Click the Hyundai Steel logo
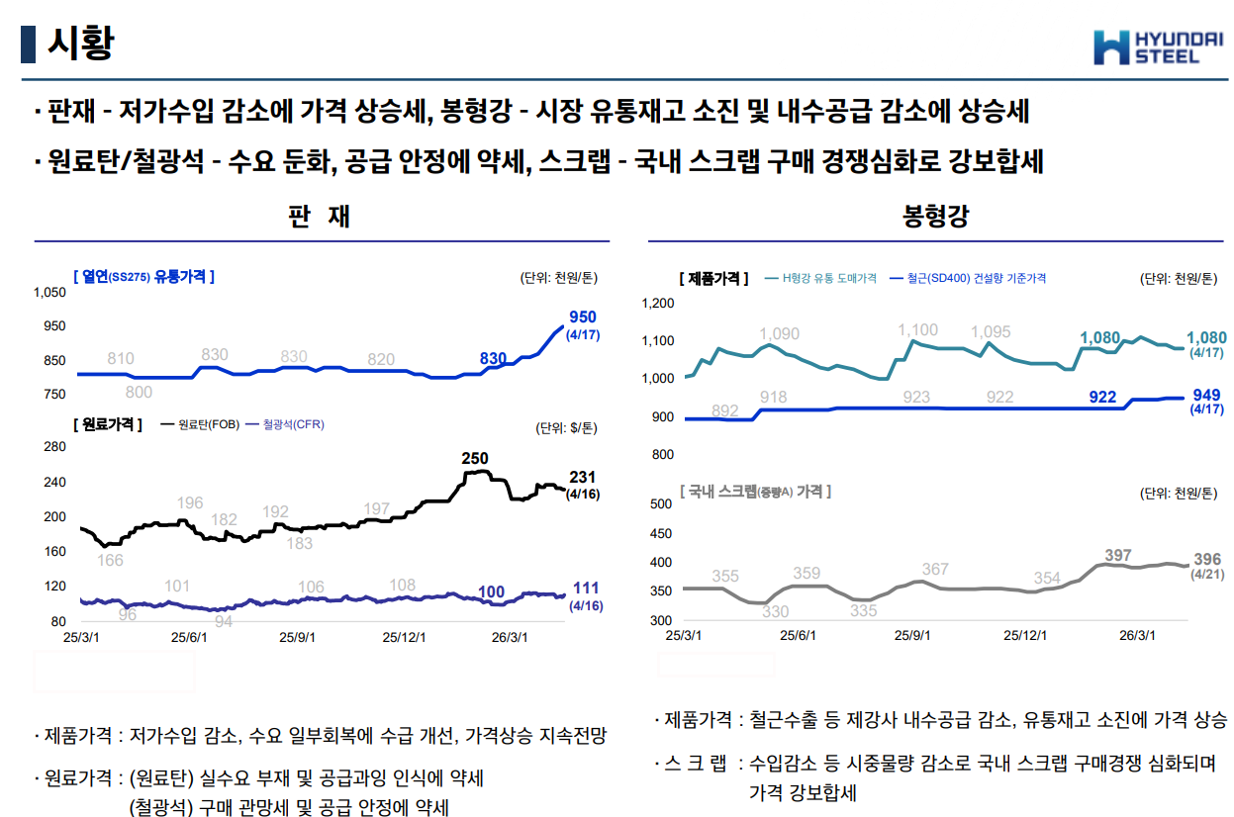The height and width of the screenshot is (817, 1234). pos(1153,46)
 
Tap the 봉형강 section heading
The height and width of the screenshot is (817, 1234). pos(935,217)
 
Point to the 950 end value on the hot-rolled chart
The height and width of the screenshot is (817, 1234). pos(583,317)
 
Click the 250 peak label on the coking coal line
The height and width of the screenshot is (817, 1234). pos(475,458)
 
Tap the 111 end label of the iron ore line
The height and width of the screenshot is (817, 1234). pos(586,589)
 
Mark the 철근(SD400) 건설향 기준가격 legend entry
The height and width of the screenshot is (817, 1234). pos(967,279)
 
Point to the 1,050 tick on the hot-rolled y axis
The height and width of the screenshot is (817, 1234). pos(49,293)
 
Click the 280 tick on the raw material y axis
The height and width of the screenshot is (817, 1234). pos(55,447)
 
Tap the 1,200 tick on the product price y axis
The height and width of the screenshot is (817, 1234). pos(657,304)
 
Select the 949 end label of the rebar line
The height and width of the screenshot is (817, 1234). pos(1206,394)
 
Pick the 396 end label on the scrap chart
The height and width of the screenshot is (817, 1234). pos(1207,559)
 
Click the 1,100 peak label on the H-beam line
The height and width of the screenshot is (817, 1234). pos(917,330)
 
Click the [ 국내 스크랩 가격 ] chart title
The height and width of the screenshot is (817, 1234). pos(755,491)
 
